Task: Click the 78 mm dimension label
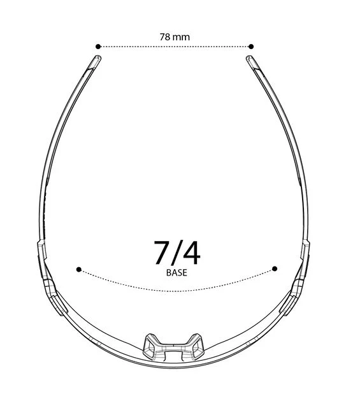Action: pyautogui.click(x=175, y=37)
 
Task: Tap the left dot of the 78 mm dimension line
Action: pyautogui.click(x=98, y=47)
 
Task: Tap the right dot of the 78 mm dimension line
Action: pyautogui.click(x=251, y=47)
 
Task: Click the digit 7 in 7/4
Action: pyautogui.click(x=162, y=253)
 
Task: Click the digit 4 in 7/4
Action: pyautogui.click(x=192, y=253)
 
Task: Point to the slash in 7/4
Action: pyautogui.click(x=176, y=253)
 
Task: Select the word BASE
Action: pyautogui.click(x=176, y=273)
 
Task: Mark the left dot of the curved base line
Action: pyautogui.click(x=79, y=269)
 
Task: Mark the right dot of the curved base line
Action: pyautogui.click(x=275, y=268)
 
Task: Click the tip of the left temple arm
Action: pyautogui.click(x=98, y=57)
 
